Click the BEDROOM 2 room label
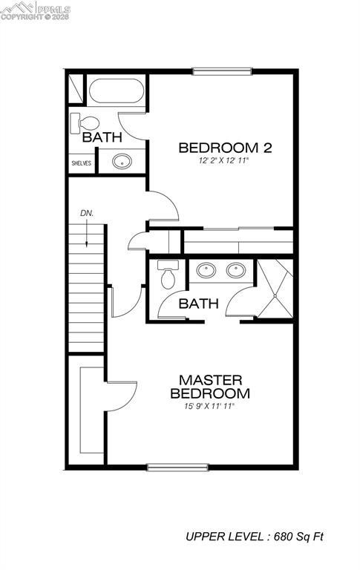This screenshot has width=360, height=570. click(225, 148)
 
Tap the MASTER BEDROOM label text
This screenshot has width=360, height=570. click(210, 387)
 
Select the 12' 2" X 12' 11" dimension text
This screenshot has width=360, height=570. click(224, 160)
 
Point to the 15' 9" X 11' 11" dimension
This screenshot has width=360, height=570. click(210, 406)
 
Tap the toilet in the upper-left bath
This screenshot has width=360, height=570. click(84, 122)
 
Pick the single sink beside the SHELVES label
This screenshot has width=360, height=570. click(121, 160)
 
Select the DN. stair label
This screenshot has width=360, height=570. click(87, 214)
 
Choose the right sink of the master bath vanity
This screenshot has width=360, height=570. click(237, 270)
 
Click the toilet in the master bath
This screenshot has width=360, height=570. click(167, 276)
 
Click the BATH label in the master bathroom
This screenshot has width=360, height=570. click(199, 304)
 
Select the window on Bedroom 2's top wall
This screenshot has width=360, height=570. click(223, 71)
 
